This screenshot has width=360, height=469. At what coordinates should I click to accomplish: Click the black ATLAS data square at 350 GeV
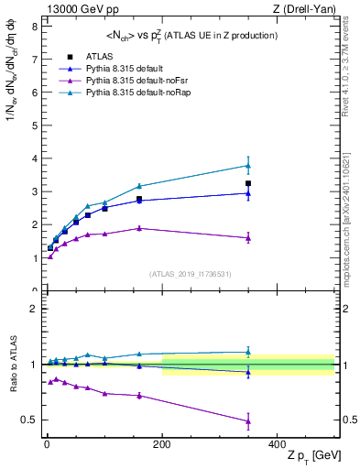pos(248,183)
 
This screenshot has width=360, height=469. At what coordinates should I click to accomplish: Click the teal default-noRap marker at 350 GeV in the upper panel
pos(248,166)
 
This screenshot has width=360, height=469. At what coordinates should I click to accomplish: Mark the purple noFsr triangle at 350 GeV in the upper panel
pos(248,238)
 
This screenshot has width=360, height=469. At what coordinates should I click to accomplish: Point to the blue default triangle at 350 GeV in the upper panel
pos(248,193)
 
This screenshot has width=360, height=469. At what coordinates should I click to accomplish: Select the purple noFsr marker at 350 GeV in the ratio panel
pos(248,421)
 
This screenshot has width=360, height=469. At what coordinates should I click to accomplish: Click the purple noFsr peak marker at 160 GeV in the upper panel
pos(139,228)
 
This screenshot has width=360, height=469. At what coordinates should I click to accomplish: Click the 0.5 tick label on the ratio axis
pos(29,420)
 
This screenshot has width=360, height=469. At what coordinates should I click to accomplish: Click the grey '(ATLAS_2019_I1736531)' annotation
pos(190,273)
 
